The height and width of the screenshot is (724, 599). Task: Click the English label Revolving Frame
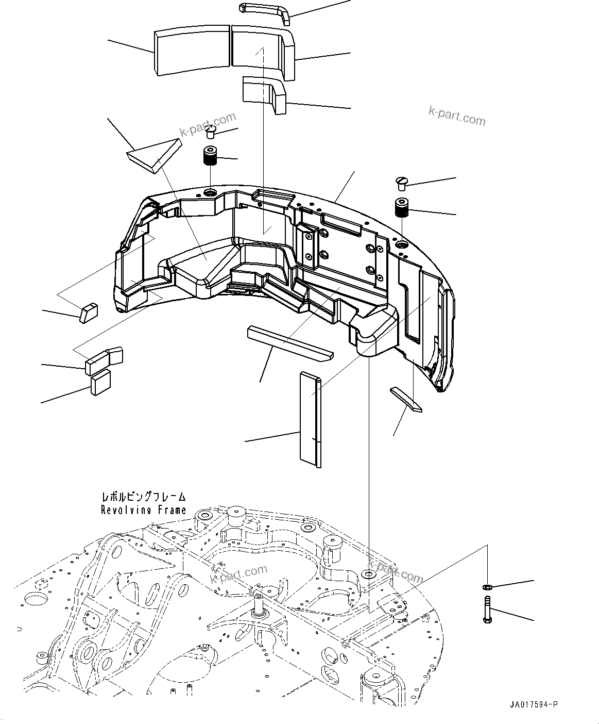[x=143, y=510]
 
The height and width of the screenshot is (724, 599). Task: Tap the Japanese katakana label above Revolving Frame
[x=143, y=497]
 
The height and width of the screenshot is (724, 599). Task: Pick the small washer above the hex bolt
[x=486, y=587]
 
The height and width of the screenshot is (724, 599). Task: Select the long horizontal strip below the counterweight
[x=290, y=342]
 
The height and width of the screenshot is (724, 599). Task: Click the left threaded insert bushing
[x=210, y=155]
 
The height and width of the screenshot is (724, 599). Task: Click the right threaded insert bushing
[x=402, y=207]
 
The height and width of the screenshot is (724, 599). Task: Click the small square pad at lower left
[x=100, y=383]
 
